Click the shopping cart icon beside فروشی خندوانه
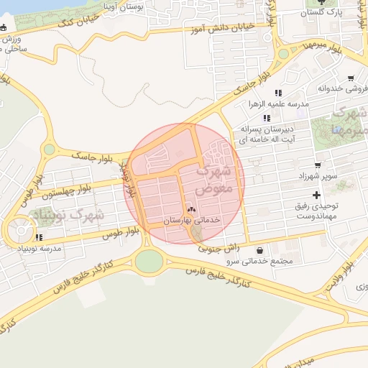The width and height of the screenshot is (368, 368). (350, 79)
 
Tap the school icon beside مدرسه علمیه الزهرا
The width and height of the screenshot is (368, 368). (278, 93)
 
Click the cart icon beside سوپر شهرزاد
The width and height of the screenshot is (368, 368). (340, 165)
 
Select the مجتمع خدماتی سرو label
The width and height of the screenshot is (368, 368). (259, 261)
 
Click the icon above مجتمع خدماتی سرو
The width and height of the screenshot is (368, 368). (259, 251)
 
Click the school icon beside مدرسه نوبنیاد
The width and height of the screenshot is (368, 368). (38, 236)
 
